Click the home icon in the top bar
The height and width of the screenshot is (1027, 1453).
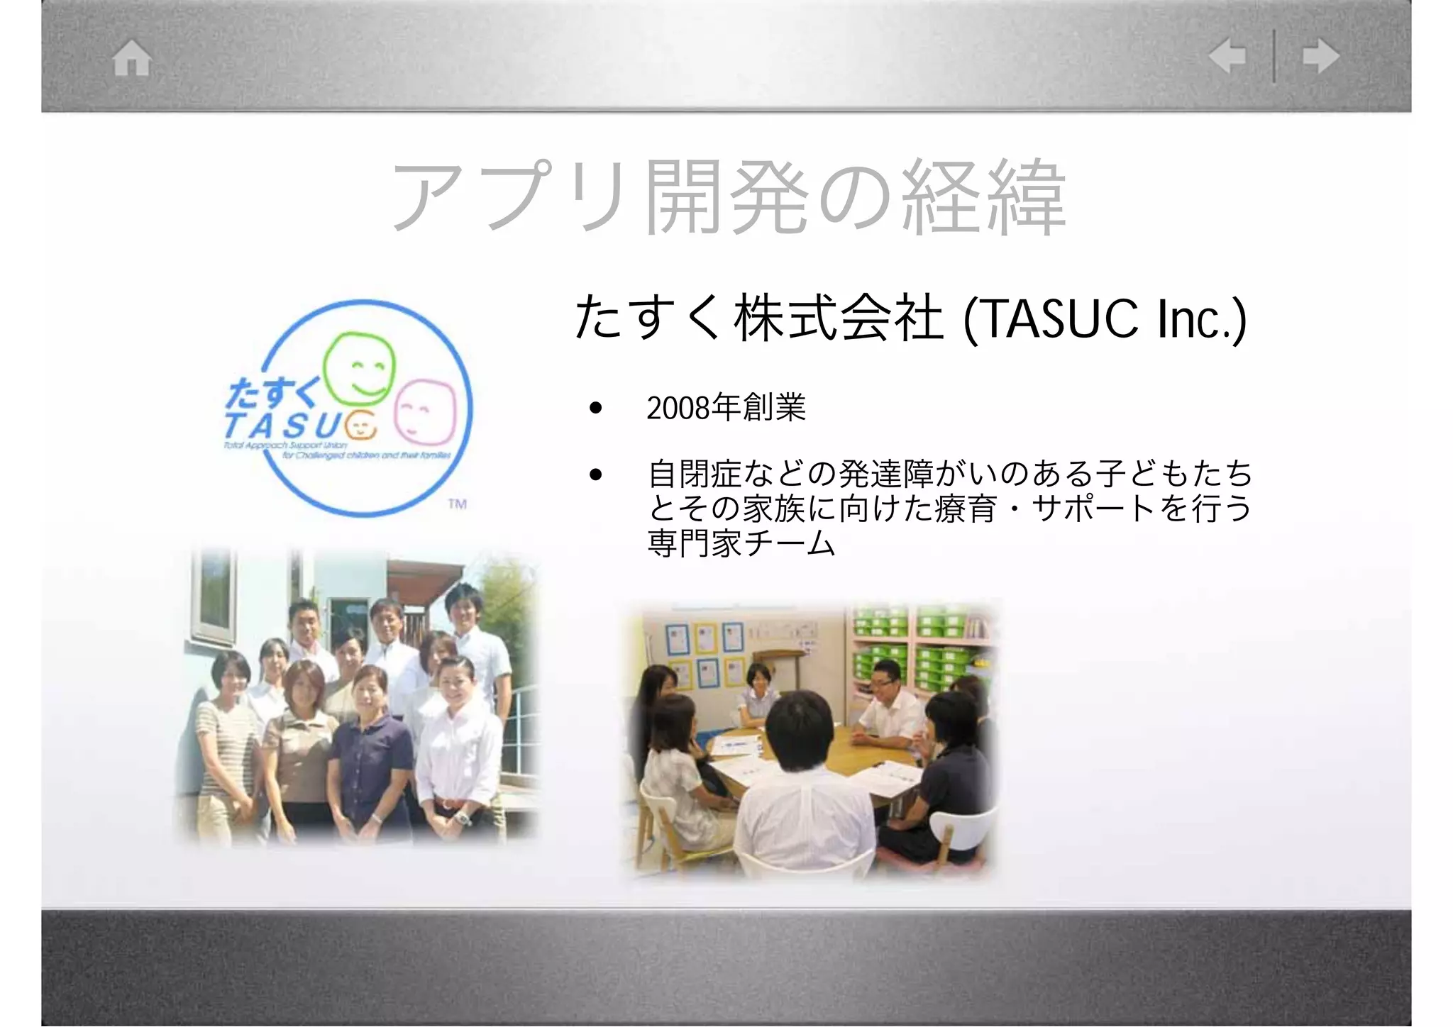132,58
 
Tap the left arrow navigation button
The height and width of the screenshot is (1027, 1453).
1227,56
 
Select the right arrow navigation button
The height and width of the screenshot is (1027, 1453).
1321,56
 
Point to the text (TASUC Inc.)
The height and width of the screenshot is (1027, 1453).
1104,319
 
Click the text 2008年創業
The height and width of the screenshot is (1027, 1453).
726,408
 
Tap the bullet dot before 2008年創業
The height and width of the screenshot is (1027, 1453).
595,408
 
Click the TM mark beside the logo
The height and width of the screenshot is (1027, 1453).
458,504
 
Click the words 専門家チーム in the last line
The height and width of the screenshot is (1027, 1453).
741,544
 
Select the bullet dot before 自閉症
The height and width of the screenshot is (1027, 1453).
595,474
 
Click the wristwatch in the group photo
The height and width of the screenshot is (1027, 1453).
463,818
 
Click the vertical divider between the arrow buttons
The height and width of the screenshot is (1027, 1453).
1274,56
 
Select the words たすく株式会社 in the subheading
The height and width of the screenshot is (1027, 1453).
759,319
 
